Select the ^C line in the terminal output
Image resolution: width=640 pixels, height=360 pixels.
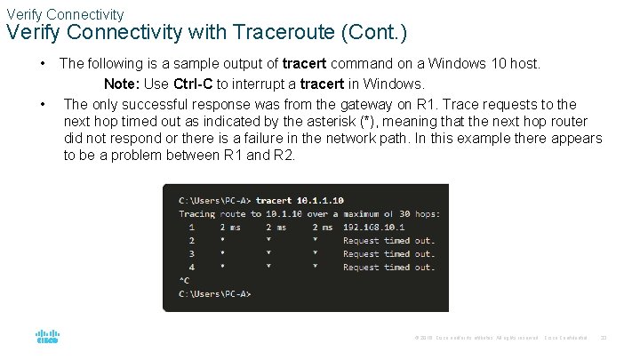(184, 280)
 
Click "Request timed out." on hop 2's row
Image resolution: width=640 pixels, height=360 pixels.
(388, 240)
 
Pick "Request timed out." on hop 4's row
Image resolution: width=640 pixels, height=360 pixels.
(388, 267)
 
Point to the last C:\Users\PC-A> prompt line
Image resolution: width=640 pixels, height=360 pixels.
(215, 293)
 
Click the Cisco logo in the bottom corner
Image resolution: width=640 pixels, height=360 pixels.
(47, 336)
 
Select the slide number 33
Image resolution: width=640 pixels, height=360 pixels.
(604, 338)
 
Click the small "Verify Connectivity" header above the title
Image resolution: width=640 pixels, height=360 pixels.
(65, 14)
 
